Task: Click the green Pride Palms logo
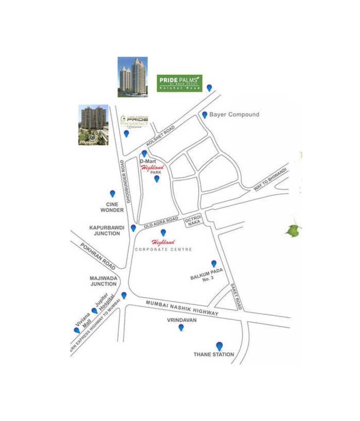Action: click(180, 82)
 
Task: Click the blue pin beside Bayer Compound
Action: click(205, 114)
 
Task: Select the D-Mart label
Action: click(148, 162)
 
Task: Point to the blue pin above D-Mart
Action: click(144, 154)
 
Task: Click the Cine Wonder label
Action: click(112, 207)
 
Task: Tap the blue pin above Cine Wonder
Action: click(113, 194)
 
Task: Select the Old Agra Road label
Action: click(161, 223)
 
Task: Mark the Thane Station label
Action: click(214, 354)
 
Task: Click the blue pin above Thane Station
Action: click(219, 346)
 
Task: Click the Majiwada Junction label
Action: click(103, 281)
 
